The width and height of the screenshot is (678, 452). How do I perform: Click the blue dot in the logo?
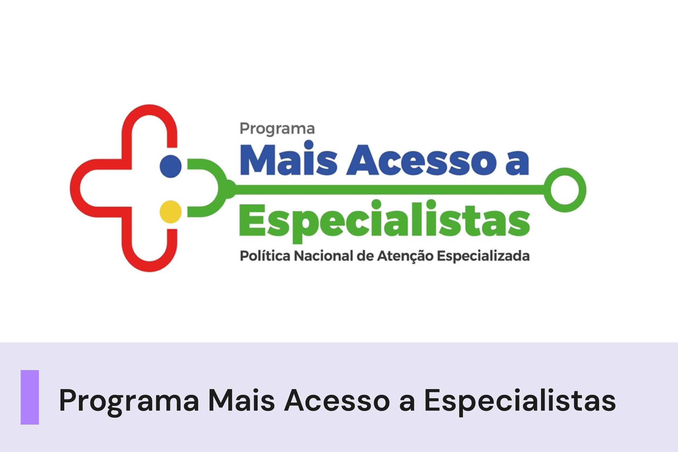[170, 166]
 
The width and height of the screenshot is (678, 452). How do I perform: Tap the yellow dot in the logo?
[170, 212]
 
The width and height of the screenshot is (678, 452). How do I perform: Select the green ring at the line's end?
[565, 190]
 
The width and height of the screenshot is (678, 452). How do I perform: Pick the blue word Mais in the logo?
[288, 160]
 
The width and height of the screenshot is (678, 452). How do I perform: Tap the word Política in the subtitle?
[265, 256]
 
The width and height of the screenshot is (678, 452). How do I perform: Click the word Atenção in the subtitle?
[405, 256]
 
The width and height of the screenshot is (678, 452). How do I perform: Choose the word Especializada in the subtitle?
[483, 256]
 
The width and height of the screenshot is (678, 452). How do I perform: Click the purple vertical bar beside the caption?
[30, 397]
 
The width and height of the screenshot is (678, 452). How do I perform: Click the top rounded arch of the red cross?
[149, 111]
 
